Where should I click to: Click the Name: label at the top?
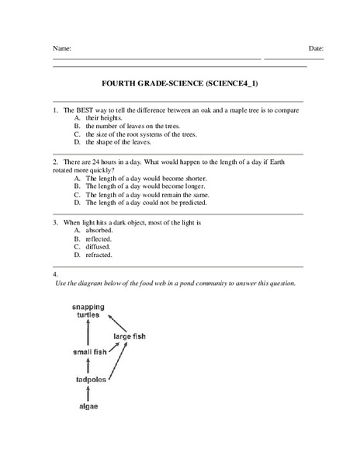(62, 48)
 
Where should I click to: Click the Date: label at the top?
(316, 48)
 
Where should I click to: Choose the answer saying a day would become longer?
(134, 186)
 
